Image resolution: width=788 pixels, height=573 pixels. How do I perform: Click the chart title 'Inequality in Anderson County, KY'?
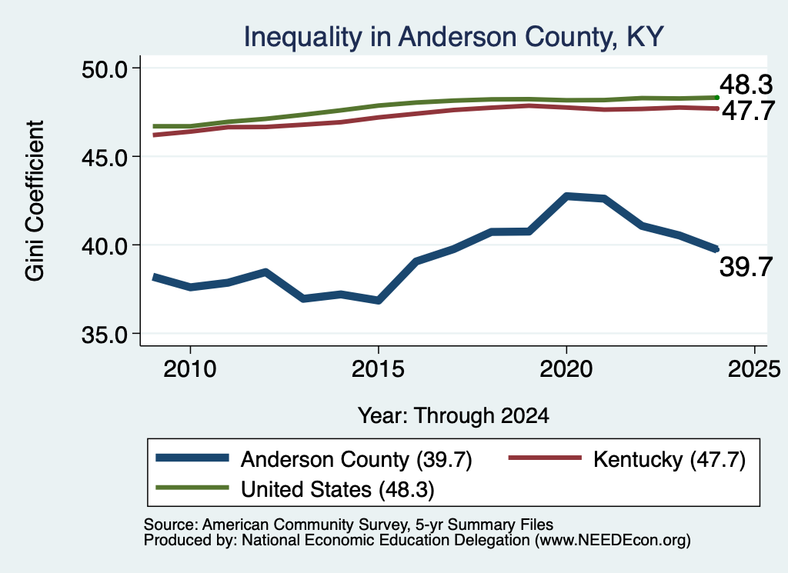pos(453,37)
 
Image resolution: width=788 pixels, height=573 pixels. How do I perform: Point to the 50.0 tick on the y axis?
pos(105,68)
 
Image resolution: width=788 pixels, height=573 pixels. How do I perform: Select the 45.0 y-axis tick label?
pos(105,157)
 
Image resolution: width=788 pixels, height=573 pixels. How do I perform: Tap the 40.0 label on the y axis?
pos(105,245)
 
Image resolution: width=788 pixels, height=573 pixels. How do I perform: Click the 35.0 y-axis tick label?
pos(105,334)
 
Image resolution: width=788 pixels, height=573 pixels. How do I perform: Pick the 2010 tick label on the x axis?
pos(190,369)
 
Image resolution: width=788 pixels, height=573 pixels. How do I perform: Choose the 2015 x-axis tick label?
pos(378,369)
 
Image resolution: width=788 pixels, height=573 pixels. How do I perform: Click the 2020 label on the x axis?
pos(566,369)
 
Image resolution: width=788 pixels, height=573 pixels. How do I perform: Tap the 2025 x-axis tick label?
pos(754,369)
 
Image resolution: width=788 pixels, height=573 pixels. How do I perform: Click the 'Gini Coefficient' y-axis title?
pos(35,201)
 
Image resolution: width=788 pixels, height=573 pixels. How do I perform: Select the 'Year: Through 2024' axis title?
pos(453,416)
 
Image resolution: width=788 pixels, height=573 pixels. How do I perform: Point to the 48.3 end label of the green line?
pos(746,85)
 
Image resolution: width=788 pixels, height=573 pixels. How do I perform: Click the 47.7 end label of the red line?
pos(749,111)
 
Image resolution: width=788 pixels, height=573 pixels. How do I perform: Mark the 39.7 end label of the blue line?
pos(746,266)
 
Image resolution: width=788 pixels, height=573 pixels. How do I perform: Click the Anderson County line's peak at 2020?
pos(567,196)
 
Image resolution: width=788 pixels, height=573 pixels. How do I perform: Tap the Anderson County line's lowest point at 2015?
pos(379,300)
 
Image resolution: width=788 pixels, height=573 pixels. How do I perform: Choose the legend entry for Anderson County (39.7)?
pos(314,459)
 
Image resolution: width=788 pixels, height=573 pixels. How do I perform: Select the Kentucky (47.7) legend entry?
pos(627,459)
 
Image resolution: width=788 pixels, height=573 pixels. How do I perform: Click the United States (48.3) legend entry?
pos(295,489)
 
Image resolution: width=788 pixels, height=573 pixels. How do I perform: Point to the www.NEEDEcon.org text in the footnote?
pos(612,540)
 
